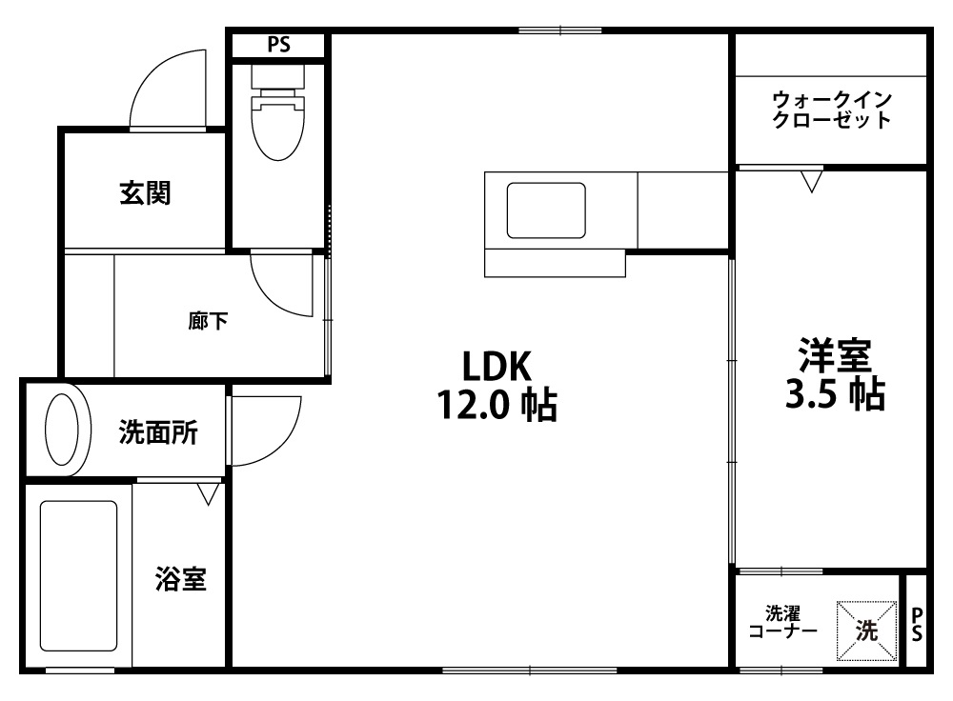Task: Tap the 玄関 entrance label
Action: pos(145,193)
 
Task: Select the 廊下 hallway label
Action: pos(208,320)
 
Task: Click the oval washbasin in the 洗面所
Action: pos(62,430)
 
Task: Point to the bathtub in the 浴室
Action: pos(78,575)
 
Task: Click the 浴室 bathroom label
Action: pos(180,579)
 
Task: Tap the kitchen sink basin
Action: pos(546,210)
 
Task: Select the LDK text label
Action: pos(497,367)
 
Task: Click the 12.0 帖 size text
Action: pos(497,405)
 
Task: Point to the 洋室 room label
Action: pos(835,355)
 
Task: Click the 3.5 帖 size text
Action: pos(835,393)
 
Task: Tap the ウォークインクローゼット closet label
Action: pos(831,110)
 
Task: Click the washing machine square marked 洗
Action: pos(866,631)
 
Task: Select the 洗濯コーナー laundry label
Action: pos(782,622)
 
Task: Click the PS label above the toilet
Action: pos(279,45)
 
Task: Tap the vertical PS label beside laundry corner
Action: pos(917,625)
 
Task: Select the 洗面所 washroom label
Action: pos(158,432)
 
